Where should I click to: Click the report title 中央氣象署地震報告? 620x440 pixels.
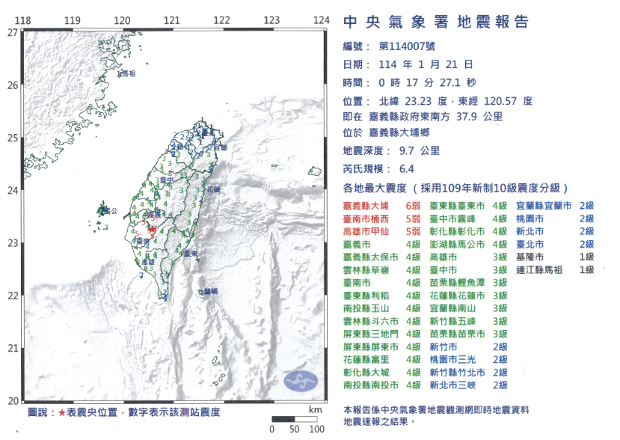coord(435,22)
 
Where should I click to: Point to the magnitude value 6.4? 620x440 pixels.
coord(406,169)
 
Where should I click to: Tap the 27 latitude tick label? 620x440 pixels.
coord(11,33)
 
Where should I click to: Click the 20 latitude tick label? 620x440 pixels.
coord(11,401)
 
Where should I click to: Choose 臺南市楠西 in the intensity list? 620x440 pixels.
coord(366,219)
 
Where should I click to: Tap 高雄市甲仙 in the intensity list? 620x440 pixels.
coord(366,231)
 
